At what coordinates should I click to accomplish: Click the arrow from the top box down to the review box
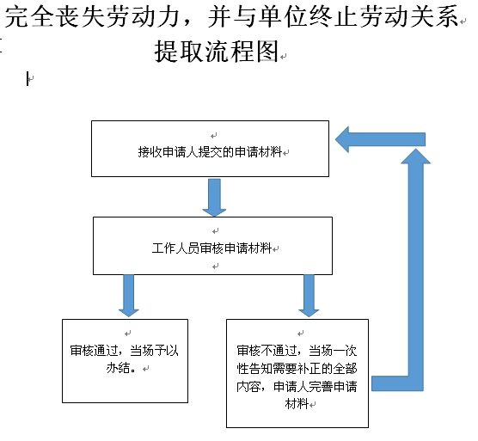[x=214, y=198]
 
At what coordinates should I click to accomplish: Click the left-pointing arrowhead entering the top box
[x=342, y=139]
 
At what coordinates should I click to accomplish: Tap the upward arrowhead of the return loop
[x=415, y=156]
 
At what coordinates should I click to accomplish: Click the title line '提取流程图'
[x=217, y=51]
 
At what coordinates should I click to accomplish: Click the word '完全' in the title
[x=28, y=16]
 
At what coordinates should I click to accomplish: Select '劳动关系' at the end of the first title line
[x=410, y=16]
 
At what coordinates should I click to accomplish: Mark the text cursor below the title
[x=28, y=78]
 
